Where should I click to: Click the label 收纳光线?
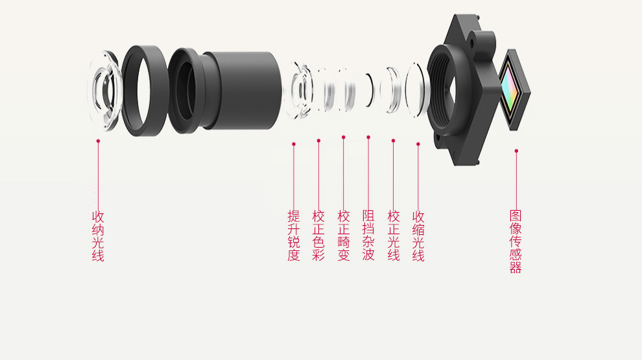click(x=98, y=236)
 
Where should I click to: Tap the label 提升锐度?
click(x=294, y=236)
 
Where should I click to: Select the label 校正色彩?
click(x=318, y=236)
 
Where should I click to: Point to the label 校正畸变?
click(x=344, y=236)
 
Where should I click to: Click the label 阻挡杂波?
click(x=368, y=236)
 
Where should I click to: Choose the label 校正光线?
click(x=394, y=236)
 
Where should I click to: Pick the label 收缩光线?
click(x=418, y=236)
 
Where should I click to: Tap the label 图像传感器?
click(x=516, y=242)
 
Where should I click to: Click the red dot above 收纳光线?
click(x=98, y=141)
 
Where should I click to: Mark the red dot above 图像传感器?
click(x=516, y=151)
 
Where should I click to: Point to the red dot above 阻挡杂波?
click(x=368, y=138)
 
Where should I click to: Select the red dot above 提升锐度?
click(x=294, y=144)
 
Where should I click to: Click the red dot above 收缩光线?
click(x=418, y=144)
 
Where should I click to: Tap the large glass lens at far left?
click(x=104, y=91)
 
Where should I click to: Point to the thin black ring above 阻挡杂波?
click(x=372, y=91)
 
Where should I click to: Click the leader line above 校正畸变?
click(x=344, y=174)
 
